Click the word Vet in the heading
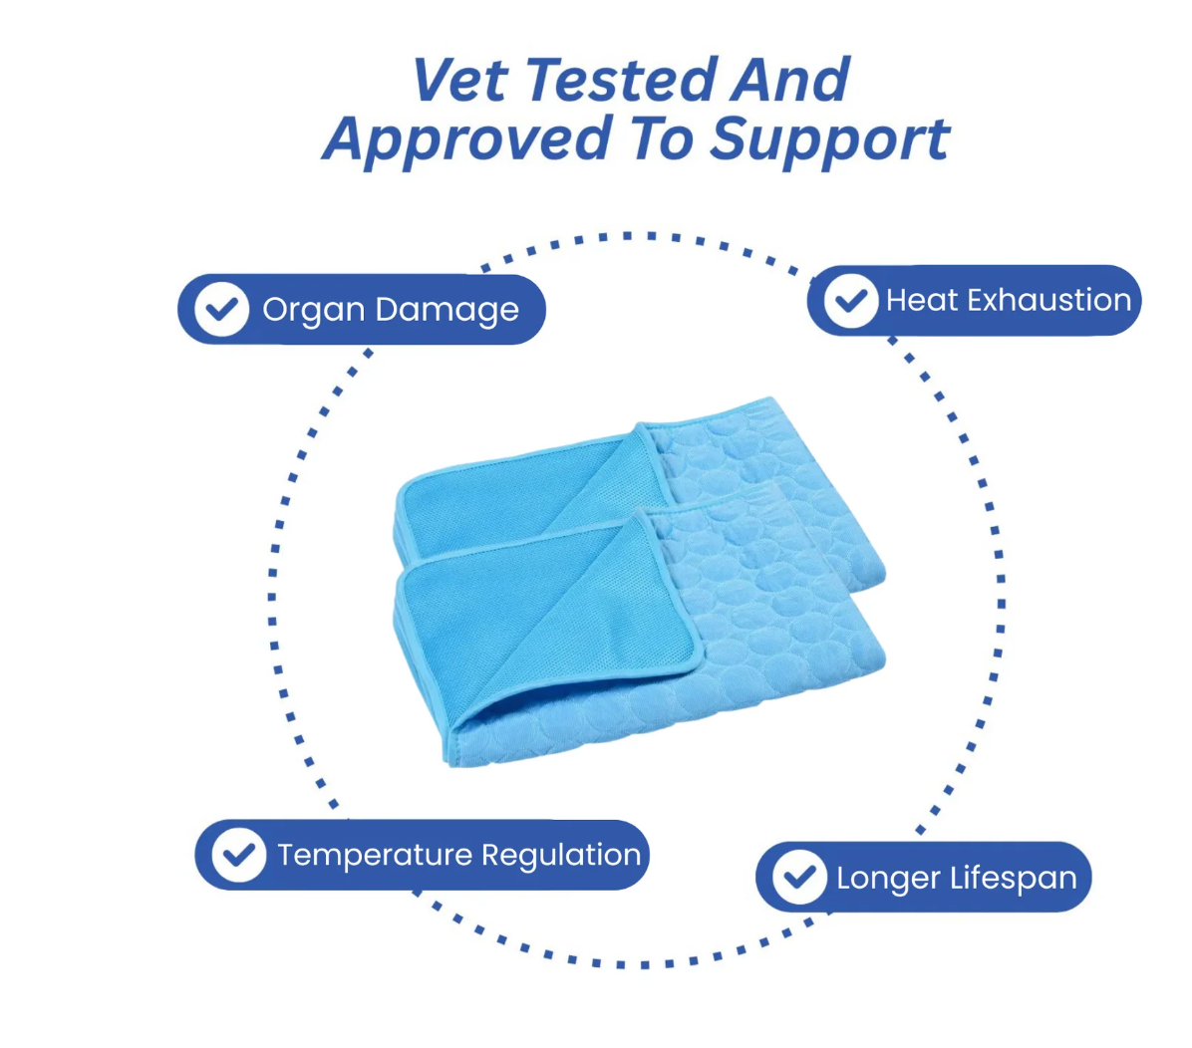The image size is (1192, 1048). pos(459,79)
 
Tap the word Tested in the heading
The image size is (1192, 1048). pos(620,79)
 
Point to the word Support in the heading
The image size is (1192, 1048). pos(829,140)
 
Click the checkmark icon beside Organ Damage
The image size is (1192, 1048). pos(221,309)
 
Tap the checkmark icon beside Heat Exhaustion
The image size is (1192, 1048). pos(851,300)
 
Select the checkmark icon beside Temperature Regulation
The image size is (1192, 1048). pos(239,855)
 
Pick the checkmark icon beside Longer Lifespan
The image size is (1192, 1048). pos(799,877)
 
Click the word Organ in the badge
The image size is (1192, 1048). pos(314,310)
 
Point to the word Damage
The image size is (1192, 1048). pos(447,310)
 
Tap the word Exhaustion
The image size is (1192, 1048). pos(1049,300)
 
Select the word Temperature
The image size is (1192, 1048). pos(375,856)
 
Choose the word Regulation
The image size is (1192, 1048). pos(561,856)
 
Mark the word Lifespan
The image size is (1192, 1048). pos(1014,879)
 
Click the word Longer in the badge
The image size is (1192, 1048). pos(889,879)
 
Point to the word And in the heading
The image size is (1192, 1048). pos(790,79)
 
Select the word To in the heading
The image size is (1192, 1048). pos(662,138)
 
